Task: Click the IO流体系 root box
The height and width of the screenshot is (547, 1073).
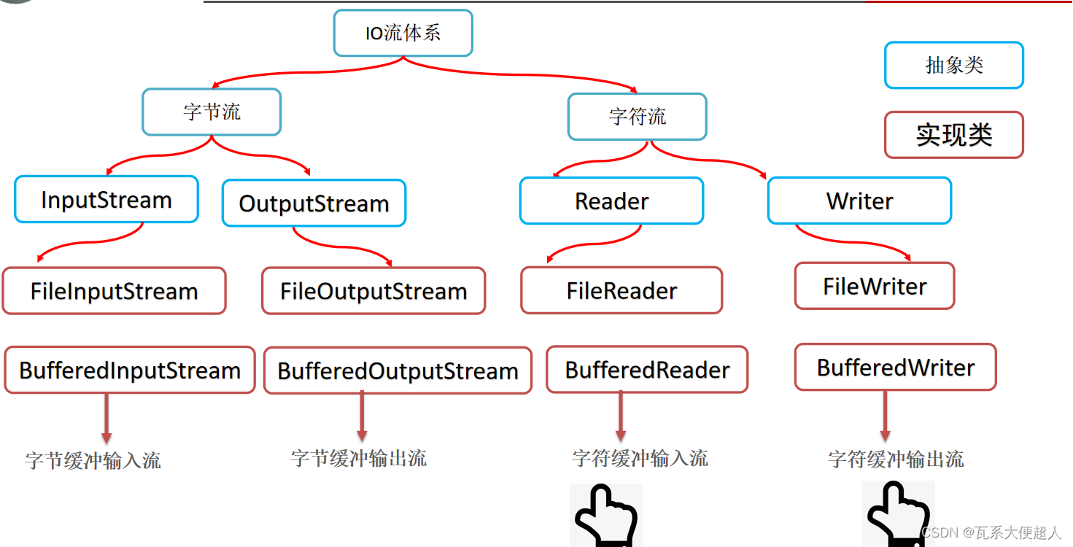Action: [x=403, y=33]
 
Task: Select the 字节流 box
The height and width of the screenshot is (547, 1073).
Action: [x=212, y=112]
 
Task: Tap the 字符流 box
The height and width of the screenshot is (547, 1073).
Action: [x=637, y=116]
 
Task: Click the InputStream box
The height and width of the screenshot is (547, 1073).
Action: [x=106, y=199]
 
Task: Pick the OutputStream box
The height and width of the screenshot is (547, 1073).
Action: [x=314, y=203]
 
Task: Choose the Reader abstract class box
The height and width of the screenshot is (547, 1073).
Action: [x=611, y=201]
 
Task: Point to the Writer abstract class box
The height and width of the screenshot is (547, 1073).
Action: [x=859, y=201]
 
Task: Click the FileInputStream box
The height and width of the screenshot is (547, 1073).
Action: [x=114, y=291]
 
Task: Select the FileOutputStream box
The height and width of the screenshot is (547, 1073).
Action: [x=373, y=291]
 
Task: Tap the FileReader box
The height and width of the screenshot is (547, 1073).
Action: [x=621, y=290]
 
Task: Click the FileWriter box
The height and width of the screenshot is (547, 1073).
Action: [x=875, y=286]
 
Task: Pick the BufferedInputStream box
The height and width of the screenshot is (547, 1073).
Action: [x=130, y=370]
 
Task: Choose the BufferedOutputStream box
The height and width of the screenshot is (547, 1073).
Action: [x=398, y=371]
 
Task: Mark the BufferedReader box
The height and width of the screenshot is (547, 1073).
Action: [x=647, y=369]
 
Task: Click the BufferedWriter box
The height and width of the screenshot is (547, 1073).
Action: [x=896, y=367]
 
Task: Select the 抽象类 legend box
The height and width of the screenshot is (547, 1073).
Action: [x=954, y=65]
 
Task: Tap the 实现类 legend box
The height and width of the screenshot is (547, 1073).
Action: [x=954, y=135]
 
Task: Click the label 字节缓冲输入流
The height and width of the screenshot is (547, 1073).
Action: [x=93, y=460]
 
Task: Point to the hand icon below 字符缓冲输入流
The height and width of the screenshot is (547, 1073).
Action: [x=605, y=515]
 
